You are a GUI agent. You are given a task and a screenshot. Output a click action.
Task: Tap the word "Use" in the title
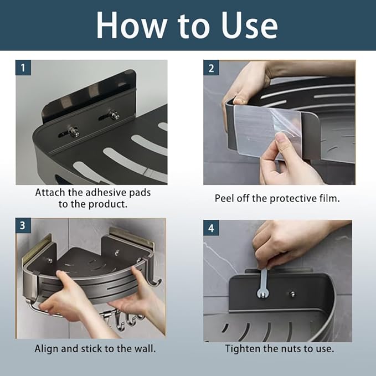click(x=249, y=25)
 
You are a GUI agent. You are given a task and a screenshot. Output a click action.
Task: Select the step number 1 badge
click(x=23, y=68)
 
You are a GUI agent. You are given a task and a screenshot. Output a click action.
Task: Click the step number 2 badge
click(x=211, y=68)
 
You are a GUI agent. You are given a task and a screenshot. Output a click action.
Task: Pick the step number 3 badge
click(x=23, y=225)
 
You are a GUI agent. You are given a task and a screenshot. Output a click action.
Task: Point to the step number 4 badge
click(x=211, y=228)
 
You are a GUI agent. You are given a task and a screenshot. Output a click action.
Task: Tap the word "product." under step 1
click(x=108, y=204)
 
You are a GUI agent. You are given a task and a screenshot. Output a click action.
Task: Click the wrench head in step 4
click(x=262, y=293)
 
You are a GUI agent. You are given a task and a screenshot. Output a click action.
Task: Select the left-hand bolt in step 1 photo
click(x=73, y=132)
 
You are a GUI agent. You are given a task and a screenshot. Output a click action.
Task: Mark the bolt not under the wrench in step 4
click(x=292, y=294)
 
